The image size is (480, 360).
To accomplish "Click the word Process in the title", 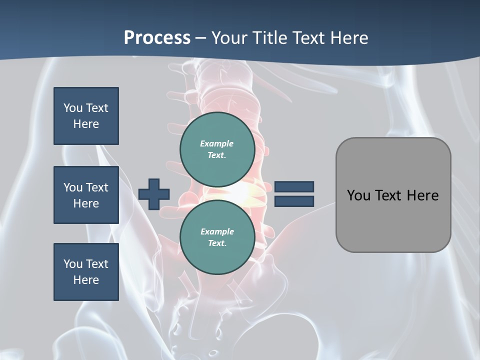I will click(x=157, y=38).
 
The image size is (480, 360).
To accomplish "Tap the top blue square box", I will click(x=86, y=116).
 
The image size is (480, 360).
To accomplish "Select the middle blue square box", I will click(x=86, y=195).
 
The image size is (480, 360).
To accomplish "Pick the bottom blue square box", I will click(x=86, y=272).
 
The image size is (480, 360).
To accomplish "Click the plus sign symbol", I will click(x=154, y=194).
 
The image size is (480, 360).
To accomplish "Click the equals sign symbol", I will click(x=294, y=194).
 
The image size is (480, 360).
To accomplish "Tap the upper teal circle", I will click(x=217, y=149).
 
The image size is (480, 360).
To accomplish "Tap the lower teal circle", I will click(x=217, y=237).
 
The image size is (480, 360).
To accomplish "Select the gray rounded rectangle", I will click(x=393, y=195).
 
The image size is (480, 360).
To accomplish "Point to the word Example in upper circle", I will click(x=216, y=144).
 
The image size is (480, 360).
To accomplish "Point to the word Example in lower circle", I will click(x=217, y=232).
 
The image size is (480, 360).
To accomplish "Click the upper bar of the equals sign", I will click(x=294, y=187).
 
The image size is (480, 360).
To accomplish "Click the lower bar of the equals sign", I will click(x=294, y=201).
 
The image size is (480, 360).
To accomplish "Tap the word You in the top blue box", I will click(x=73, y=108).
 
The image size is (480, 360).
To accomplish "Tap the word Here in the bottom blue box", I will click(x=86, y=280).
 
